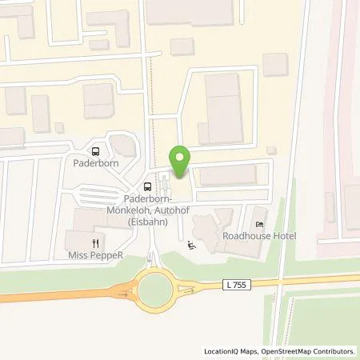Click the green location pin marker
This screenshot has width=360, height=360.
coord(182,160)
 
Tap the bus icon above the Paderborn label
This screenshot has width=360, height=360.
coord(96,150)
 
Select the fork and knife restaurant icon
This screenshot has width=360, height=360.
coord(96,243)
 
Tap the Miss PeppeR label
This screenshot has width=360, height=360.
coord(97,257)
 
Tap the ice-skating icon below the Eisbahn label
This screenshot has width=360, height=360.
coord(190,245)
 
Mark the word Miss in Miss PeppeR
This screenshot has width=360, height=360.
coord(78,257)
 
